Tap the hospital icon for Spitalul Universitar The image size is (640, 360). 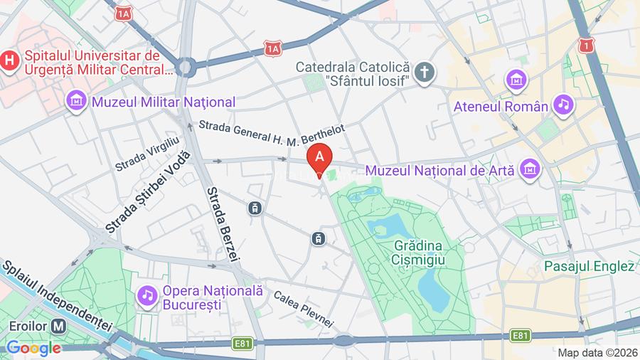coord(9,60)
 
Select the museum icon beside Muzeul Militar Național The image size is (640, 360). coord(76,102)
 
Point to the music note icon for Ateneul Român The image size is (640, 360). coord(564,105)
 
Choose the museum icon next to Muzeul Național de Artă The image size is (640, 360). coord(530,169)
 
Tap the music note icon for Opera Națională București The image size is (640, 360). coord(147,295)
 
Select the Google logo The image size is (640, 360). coord(33,348)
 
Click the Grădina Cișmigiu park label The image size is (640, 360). coord(417,253)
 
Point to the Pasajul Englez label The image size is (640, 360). coord(589,267)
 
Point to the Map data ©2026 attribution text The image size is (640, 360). coord(597,352)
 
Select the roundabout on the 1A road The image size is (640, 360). coord(186,68)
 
